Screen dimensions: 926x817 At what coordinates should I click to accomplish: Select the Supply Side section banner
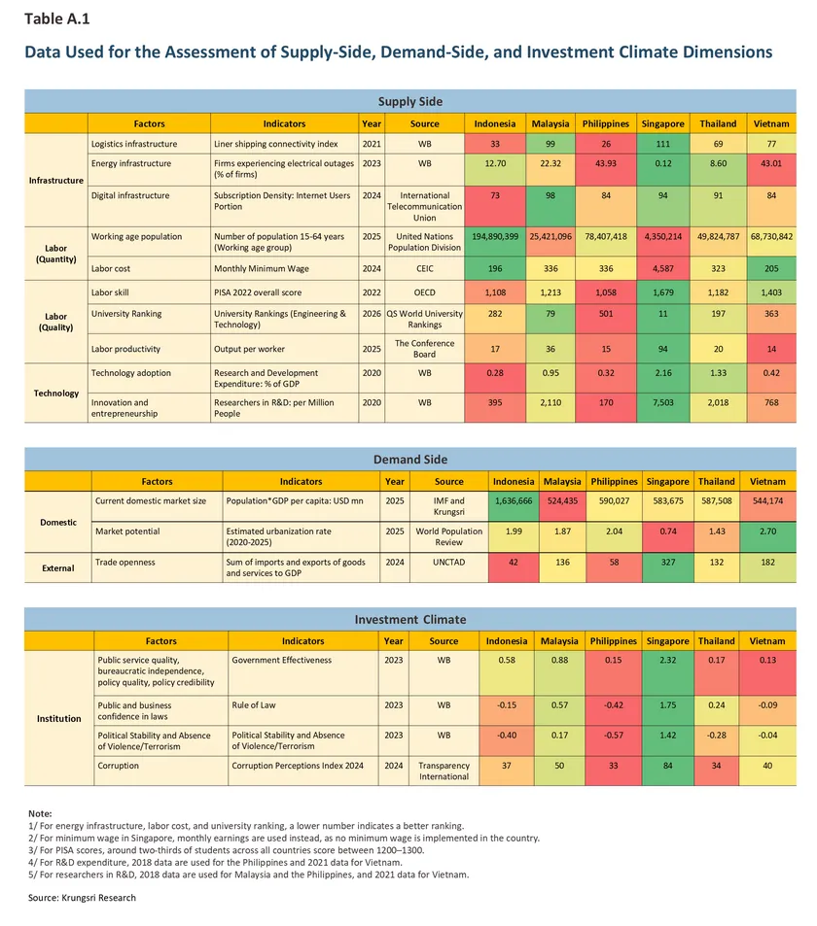409,101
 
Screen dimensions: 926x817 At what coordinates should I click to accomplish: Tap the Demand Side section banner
409,459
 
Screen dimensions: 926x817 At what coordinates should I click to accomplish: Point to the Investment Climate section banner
409,619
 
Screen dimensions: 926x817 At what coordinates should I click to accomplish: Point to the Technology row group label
55,394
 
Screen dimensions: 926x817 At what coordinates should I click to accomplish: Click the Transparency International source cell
444,771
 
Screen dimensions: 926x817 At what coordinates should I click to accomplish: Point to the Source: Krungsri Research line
83,898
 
